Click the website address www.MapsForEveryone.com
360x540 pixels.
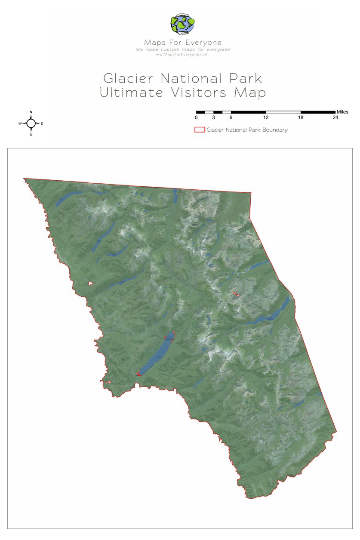[x=182, y=54]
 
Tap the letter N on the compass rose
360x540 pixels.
[x=31, y=112]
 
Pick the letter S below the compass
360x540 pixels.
[x=31, y=135]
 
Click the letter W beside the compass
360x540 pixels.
[x=20, y=123]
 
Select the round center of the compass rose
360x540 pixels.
[x=31, y=123]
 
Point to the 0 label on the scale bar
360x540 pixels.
[x=196, y=118]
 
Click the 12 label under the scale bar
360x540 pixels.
[x=266, y=118]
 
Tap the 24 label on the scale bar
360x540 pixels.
[x=335, y=118]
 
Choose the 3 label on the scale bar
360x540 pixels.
[x=213, y=118]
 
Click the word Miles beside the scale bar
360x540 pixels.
[x=342, y=112]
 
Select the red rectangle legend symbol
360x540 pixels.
[x=200, y=130]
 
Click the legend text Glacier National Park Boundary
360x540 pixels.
[x=247, y=130]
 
